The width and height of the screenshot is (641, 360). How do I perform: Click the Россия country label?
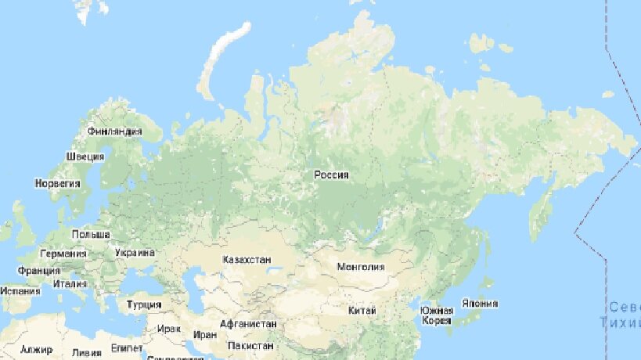click(331, 175)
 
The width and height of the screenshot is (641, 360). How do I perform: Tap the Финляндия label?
click(115, 131)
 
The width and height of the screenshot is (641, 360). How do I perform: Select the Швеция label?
click(85, 156)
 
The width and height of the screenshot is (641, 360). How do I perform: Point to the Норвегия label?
click(58, 182)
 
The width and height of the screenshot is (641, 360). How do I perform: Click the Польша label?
click(91, 234)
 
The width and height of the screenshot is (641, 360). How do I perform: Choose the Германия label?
click(63, 254)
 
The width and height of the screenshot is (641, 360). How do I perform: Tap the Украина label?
click(135, 253)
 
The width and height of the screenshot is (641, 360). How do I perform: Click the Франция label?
click(38, 271)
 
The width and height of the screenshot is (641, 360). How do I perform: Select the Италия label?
click(70, 283)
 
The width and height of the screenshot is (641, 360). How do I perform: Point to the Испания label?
click(20, 290)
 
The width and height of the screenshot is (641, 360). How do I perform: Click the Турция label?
click(144, 304)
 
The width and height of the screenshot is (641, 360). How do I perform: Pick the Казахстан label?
click(247, 259)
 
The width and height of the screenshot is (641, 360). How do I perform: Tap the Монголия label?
click(360, 266)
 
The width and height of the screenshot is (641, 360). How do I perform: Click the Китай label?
click(362, 311)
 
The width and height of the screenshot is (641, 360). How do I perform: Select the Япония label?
click(480, 304)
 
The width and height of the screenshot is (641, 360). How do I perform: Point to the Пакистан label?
click(250, 345)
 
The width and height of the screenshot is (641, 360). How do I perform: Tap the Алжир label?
click(36, 350)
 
